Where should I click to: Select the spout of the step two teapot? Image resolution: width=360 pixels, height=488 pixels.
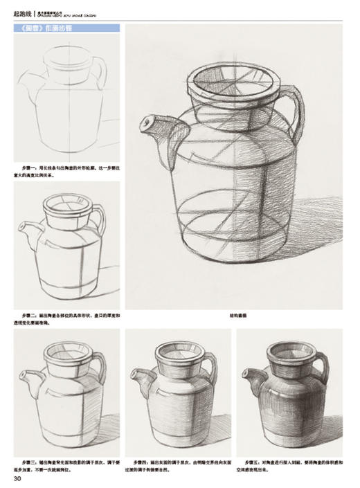pyautogui.click(x=27, y=229)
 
